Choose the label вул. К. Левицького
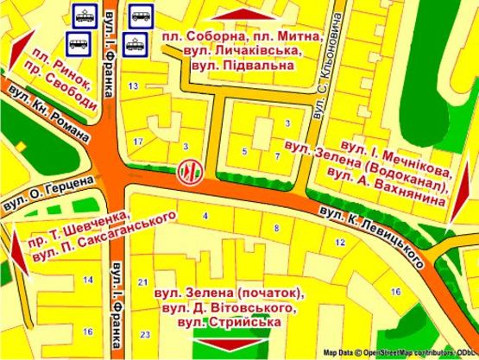[x=374, y=228]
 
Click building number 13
[x=133, y=86]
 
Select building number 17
[x=139, y=141]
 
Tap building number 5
[x=244, y=152]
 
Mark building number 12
[x=340, y=243]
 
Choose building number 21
[x=144, y=282]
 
